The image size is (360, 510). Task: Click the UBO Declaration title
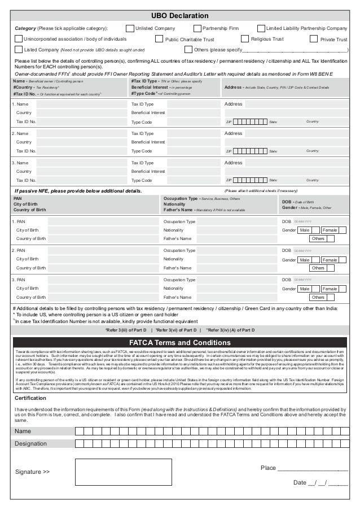[x=180, y=16]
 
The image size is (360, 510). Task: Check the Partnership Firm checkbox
[x=197, y=28]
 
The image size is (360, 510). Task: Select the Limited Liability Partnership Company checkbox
[x=261, y=28]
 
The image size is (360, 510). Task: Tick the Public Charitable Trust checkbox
[x=159, y=40]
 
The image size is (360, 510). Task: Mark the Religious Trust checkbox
[x=245, y=39]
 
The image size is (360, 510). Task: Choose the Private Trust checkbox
[x=315, y=40]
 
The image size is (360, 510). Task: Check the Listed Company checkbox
[x=18, y=50]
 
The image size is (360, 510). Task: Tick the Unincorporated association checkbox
[x=18, y=39]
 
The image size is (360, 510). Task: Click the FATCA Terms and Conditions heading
[x=180, y=343]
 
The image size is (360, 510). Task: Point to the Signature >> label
[x=32, y=471]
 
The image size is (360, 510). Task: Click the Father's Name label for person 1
[x=176, y=239]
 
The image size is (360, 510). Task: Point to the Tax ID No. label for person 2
[x=26, y=151]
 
